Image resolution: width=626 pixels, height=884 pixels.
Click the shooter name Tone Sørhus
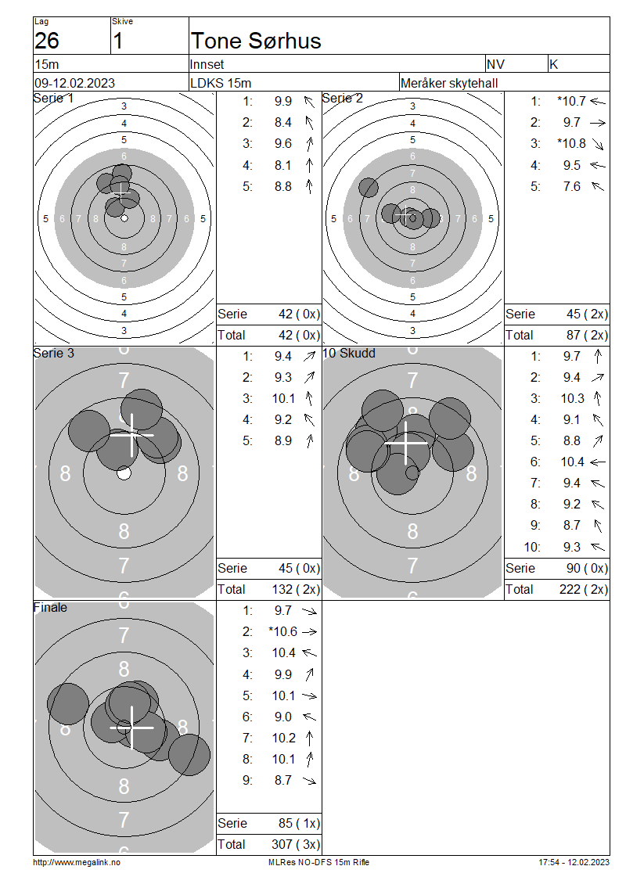pyautogui.click(x=256, y=41)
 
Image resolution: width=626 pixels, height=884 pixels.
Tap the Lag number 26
pyautogui.click(x=47, y=41)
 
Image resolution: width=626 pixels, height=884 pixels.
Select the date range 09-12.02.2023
pyautogui.click(x=74, y=83)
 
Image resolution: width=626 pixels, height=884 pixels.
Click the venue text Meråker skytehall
pyautogui.click(x=449, y=84)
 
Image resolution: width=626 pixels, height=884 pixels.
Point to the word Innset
pyautogui.click(x=207, y=64)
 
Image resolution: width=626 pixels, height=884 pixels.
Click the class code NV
pyautogui.click(x=495, y=64)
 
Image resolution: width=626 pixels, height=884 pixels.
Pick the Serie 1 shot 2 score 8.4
pyautogui.click(x=283, y=122)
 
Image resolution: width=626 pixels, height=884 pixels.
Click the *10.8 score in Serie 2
pyautogui.click(x=572, y=144)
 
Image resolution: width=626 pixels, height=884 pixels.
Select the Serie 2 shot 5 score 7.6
pyautogui.click(x=572, y=186)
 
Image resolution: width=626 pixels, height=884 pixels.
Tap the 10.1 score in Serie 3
pyautogui.click(x=283, y=399)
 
